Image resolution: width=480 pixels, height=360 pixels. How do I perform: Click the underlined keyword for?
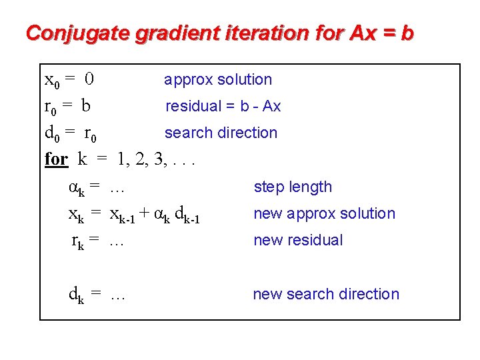(56, 159)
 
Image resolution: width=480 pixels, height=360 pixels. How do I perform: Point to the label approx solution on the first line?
(218, 80)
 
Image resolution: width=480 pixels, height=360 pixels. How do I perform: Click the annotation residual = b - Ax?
(223, 106)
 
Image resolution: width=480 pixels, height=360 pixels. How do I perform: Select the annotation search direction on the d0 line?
(221, 133)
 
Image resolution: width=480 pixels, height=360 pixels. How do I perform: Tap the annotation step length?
(293, 187)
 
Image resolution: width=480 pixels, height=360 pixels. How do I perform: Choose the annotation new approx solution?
(324, 214)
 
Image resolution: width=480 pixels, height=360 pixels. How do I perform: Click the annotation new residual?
(298, 241)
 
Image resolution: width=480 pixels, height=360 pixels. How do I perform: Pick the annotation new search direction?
(326, 294)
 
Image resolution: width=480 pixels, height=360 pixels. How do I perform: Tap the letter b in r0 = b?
(86, 106)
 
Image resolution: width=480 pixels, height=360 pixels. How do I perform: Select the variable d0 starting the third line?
(51, 133)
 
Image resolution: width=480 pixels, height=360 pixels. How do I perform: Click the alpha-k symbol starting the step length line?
(76, 188)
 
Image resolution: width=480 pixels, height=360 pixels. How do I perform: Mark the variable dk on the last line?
(76, 295)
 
